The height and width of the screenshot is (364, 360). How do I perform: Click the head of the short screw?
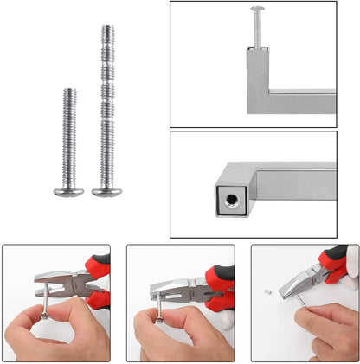[67, 188]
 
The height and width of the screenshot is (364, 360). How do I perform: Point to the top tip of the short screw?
[67, 90]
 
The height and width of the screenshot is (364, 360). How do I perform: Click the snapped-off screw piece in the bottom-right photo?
[268, 292]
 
